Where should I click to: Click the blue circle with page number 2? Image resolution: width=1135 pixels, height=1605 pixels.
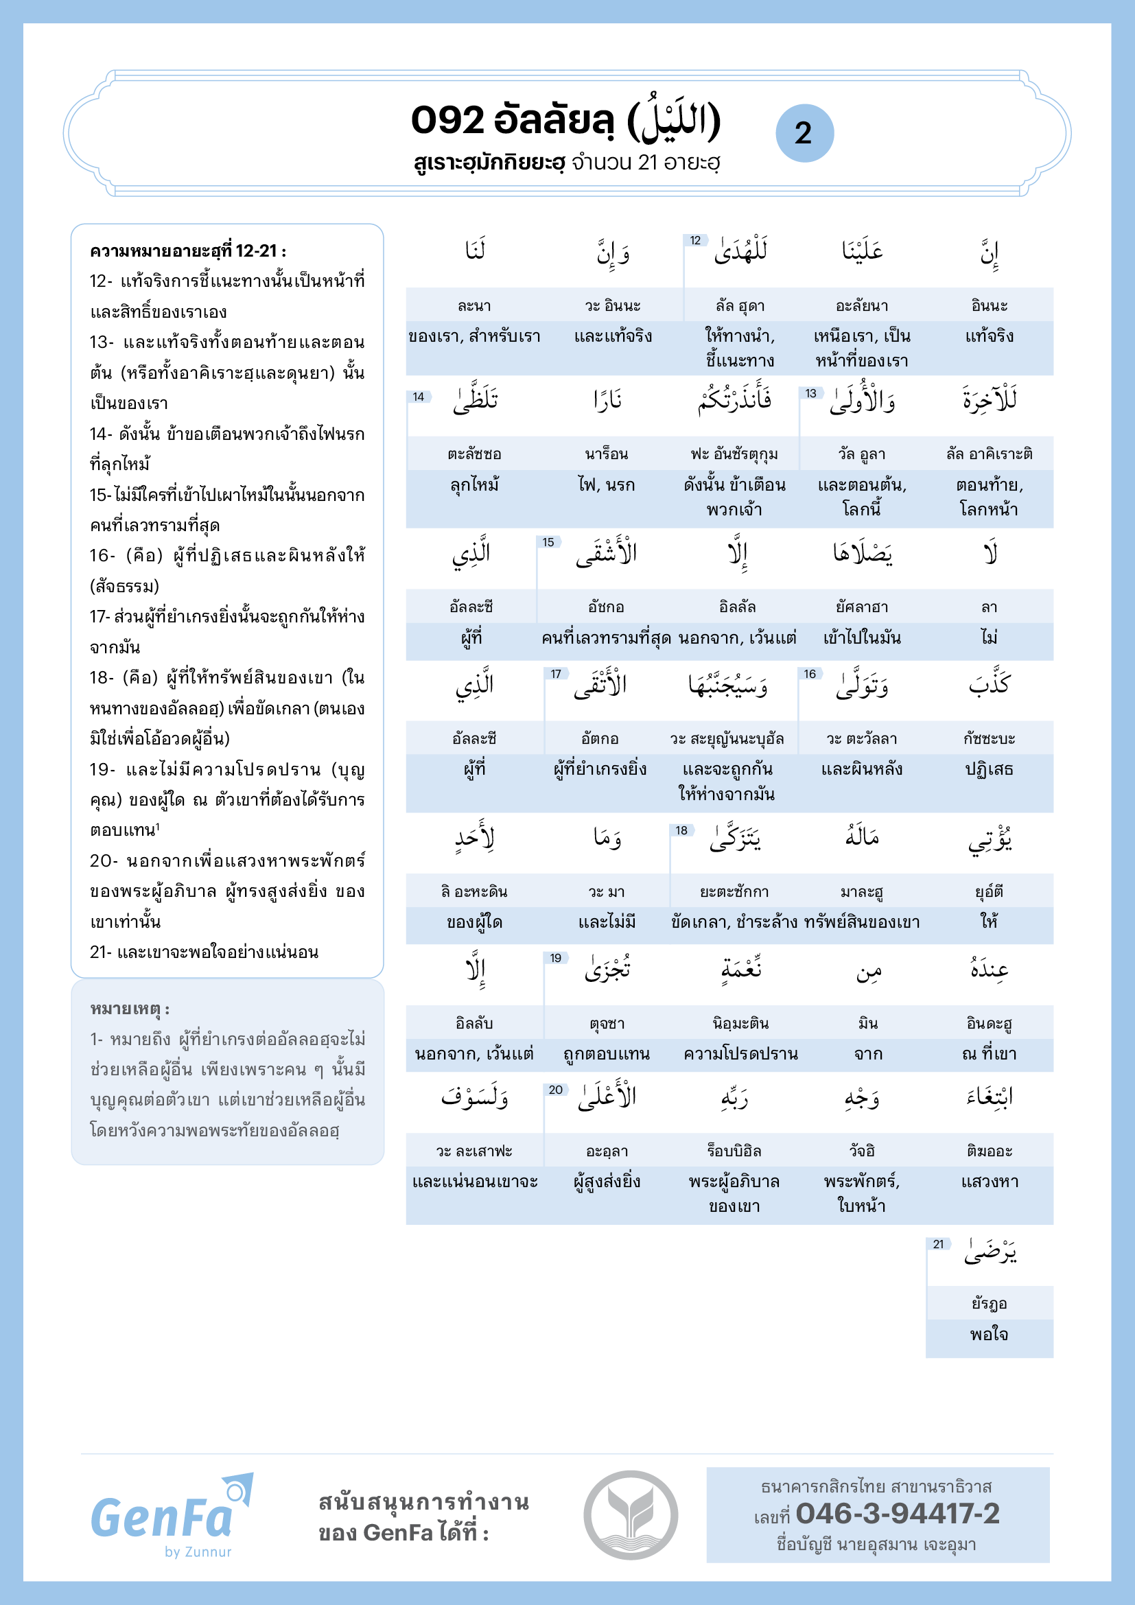(804, 133)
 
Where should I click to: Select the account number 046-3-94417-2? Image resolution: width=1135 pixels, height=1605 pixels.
(898, 1514)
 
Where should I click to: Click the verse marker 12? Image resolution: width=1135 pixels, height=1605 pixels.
(695, 240)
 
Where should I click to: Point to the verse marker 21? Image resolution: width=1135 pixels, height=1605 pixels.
(938, 1243)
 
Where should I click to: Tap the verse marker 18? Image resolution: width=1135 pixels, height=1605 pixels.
(681, 830)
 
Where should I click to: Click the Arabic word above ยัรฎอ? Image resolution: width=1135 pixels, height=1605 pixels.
(990, 1252)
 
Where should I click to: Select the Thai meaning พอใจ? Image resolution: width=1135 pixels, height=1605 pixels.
(989, 1334)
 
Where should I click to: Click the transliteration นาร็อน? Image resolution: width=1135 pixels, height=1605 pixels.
(606, 454)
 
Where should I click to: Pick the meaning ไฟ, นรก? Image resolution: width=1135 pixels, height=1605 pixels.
(606, 484)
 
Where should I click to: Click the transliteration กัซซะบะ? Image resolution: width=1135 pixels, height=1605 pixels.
(989, 738)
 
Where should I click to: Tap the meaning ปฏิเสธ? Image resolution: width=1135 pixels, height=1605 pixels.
(989, 769)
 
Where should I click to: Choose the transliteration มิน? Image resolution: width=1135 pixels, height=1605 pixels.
(868, 1023)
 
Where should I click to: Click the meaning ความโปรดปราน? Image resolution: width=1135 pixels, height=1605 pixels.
(740, 1053)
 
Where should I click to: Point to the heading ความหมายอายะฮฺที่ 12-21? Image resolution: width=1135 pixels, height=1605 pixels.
(188, 250)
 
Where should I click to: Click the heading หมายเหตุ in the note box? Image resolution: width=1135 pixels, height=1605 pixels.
(129, 1009)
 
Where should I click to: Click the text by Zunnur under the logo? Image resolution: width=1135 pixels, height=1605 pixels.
(198, 1551)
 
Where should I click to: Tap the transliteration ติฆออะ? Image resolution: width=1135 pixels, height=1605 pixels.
(989, 1151)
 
